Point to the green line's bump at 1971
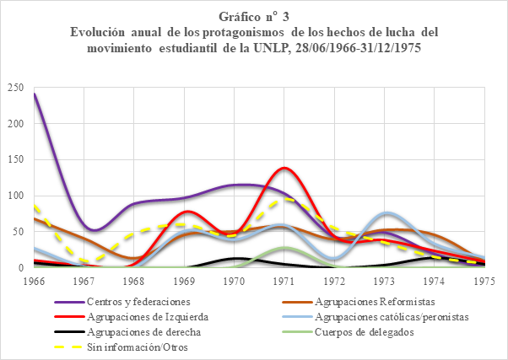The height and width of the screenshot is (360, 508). tap(284, 248)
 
